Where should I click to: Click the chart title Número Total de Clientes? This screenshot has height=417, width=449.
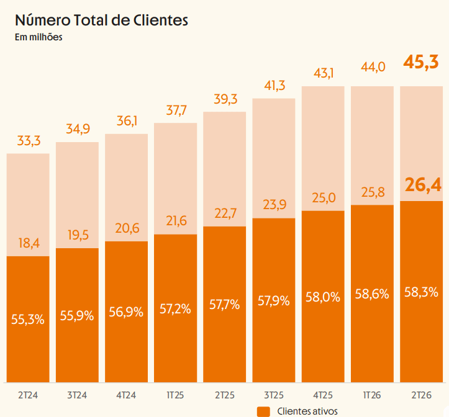click(x=101, y=20)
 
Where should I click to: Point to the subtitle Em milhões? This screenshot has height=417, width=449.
click(x=39, y=37)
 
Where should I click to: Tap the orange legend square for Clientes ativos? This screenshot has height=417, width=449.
click(x=263, y=411)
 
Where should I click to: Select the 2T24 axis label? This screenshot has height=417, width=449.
click(x=28, y=395)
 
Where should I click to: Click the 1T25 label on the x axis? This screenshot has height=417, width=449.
click(x=175, y=395)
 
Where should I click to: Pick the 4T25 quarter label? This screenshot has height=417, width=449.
click(x=323, y=395)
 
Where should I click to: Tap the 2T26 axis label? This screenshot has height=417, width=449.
click(x=421, y=395)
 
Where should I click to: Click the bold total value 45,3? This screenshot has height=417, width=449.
click(x=421, y=62)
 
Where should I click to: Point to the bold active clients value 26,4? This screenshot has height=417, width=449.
click(x=423, y=185)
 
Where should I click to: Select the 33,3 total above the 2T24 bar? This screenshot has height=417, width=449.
click(x=29, y=141)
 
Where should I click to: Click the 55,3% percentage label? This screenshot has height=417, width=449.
click(x=28, y=319)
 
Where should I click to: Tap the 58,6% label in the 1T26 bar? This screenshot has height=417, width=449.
click(x=372, y=294)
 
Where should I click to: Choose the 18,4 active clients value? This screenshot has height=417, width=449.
click(x=29, y=243)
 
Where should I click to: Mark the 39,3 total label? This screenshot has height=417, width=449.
click(x=225, y=99)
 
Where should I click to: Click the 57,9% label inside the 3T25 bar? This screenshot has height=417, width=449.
click(x=273, y=301)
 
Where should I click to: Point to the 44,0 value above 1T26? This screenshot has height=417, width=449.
click(x=373, y=67)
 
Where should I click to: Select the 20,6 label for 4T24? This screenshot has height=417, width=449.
click(x=127, y=228)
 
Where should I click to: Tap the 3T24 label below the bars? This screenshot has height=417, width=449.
click(x=77, y=395)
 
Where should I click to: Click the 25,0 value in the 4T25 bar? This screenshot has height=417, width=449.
click(x=324, y=198)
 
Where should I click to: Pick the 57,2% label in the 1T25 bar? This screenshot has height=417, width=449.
click(x=175, y=309)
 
